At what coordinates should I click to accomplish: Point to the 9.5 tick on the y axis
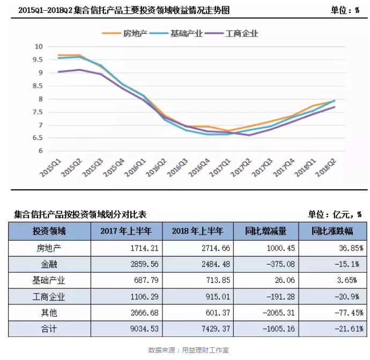click(38, 59)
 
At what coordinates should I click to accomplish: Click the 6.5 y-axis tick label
click(38, 138)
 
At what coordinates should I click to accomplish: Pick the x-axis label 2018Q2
click(328, 167)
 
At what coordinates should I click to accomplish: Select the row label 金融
click(49, 264)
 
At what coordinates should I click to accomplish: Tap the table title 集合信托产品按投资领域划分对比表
click(80, 214)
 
